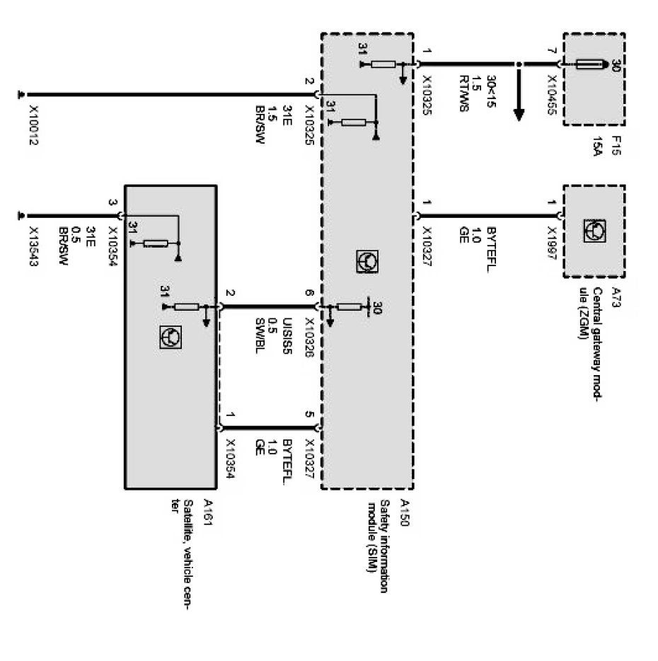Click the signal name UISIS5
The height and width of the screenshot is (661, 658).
point(287,338)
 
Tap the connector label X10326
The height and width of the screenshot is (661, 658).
point(308,338)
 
